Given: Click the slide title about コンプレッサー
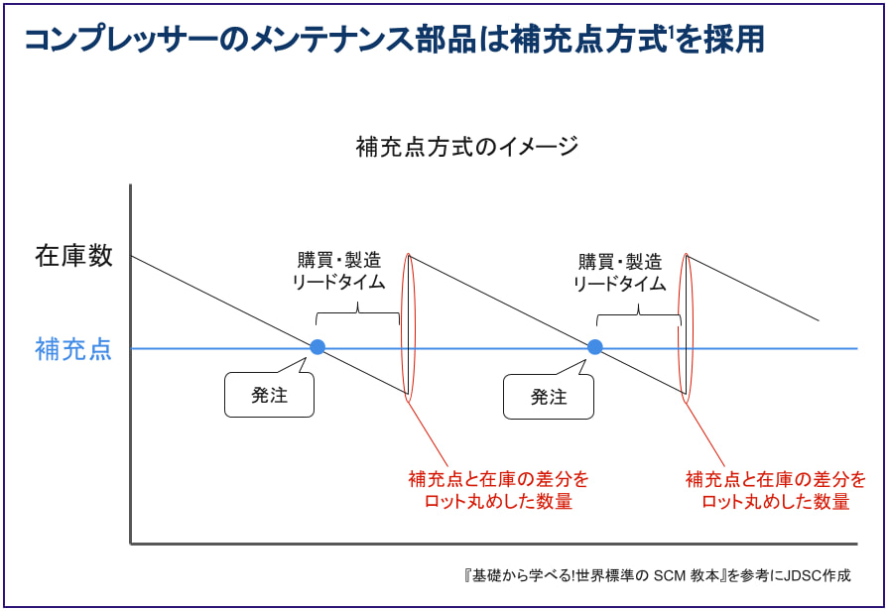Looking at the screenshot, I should pos(392,40).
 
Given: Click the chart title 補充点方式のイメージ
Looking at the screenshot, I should pos(466,148).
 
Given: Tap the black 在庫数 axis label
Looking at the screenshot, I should pos(74,256).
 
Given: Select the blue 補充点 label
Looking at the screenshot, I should pos(74,349).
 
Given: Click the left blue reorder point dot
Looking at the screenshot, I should pos(317,347).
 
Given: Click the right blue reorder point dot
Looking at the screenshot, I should pos(595,347).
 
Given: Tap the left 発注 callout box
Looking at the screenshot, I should pos(270,396).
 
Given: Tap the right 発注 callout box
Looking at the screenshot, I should pos(549,397).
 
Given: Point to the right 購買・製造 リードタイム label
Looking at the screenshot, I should pos(619,272).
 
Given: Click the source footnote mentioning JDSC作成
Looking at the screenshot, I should pos(657,575).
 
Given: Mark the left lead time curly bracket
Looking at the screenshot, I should pos(357,313).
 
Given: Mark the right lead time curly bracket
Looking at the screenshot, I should pos(638,313).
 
